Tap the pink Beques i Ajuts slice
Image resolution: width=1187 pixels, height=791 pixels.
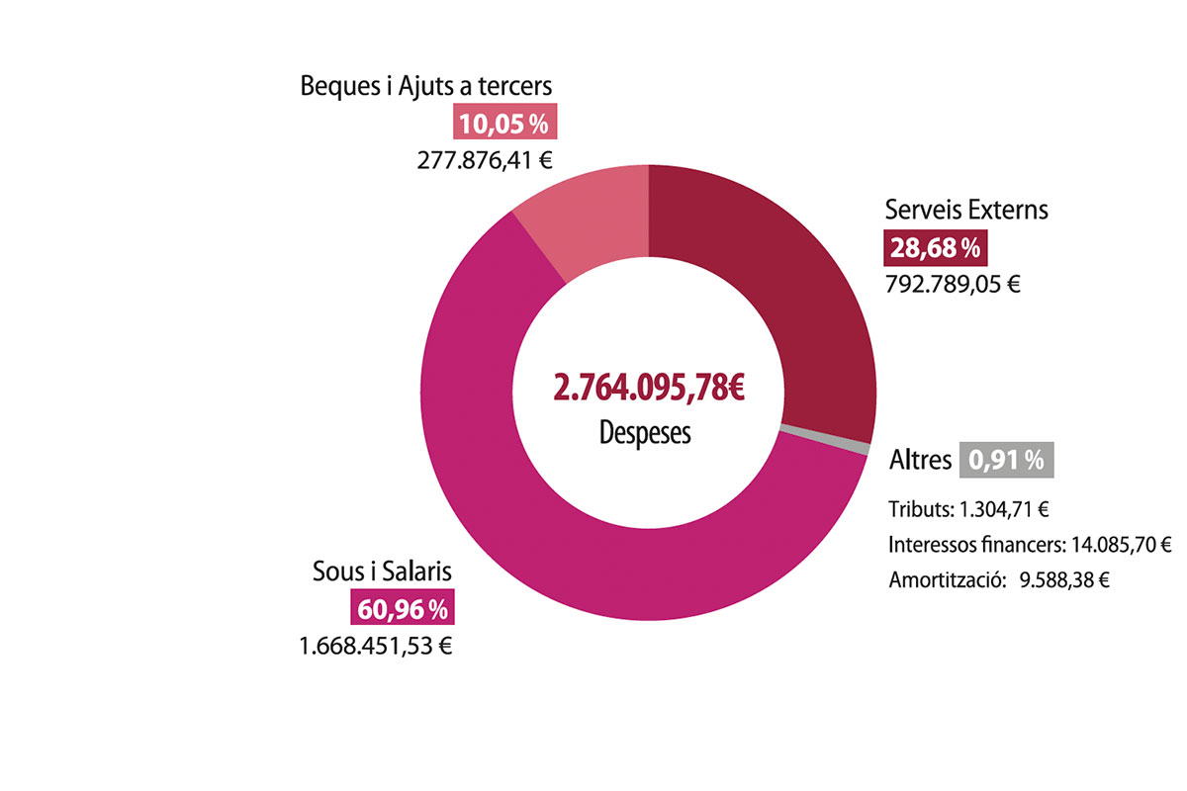pos(589,222)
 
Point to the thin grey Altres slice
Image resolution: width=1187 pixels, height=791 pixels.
pos(825,439)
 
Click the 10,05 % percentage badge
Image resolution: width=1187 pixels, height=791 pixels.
pos(504,122)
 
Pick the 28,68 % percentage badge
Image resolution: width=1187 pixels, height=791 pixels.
pos(936,247)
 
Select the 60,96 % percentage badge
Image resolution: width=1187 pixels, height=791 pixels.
pos(403,607)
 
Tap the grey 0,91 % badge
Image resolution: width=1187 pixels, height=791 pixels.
pos(1006,460)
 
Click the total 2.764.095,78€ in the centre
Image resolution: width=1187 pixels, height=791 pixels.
pos(649,388)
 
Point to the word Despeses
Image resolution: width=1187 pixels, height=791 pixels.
pos(645,433)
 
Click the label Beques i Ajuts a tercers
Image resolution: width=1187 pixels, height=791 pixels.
pos(426,86)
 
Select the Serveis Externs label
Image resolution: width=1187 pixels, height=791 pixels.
pos(966,210)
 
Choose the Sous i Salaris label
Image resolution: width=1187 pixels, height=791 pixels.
pos(382,571)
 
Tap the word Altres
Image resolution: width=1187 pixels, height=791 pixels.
pos(921,460)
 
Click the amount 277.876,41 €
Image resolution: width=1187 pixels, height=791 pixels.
pos(485,160)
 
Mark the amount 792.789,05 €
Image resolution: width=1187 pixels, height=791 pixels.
pos(953,285)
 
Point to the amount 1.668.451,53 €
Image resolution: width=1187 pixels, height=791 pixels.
pos(376,647)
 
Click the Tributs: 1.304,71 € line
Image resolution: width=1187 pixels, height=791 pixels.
pos(968,509)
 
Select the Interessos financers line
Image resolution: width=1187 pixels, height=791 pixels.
pos(1030,545)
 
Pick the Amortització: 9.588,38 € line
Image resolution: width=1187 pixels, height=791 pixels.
pos(999,580)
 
